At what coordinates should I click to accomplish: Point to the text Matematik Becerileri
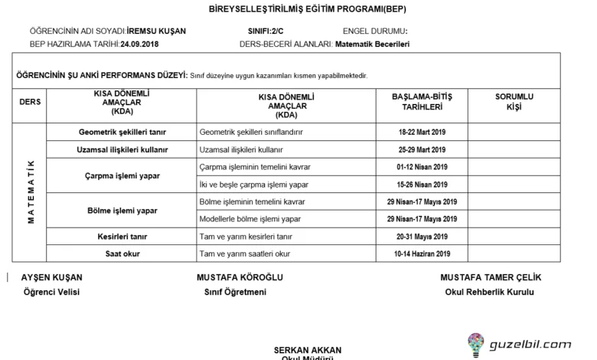373,44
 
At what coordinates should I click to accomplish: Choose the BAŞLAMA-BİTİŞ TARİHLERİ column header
422,102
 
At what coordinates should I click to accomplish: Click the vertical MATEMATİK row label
31,191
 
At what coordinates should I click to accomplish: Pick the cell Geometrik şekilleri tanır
122,132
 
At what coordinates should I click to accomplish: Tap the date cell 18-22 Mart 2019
422,132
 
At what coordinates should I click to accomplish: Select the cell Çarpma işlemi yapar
122,175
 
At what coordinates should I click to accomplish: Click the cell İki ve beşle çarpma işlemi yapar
253,185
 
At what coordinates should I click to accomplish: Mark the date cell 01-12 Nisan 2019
422,167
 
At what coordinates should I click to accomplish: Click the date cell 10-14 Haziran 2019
422,254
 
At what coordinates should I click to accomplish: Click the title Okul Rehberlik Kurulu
489,292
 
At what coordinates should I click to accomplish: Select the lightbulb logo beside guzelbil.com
475,345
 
